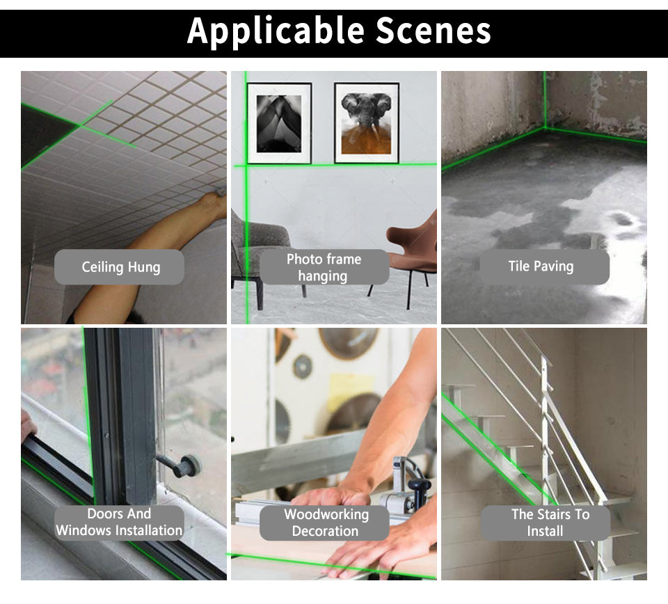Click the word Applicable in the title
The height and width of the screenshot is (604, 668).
coord(276,31)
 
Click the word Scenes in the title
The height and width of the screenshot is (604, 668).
coord(434,31)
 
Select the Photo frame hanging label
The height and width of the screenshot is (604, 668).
coord(324,267)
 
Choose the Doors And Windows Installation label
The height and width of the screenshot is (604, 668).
coord(119,522)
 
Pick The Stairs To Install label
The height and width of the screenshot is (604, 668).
coord(546,523)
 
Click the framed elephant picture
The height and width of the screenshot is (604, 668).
coord(367,122)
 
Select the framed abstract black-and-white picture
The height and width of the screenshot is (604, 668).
coord(279,123)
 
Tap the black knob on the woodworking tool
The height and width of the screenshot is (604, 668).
coord(419,485)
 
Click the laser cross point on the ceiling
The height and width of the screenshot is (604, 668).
coord(79,125)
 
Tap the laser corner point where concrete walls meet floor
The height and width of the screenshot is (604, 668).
coord(544,127)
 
